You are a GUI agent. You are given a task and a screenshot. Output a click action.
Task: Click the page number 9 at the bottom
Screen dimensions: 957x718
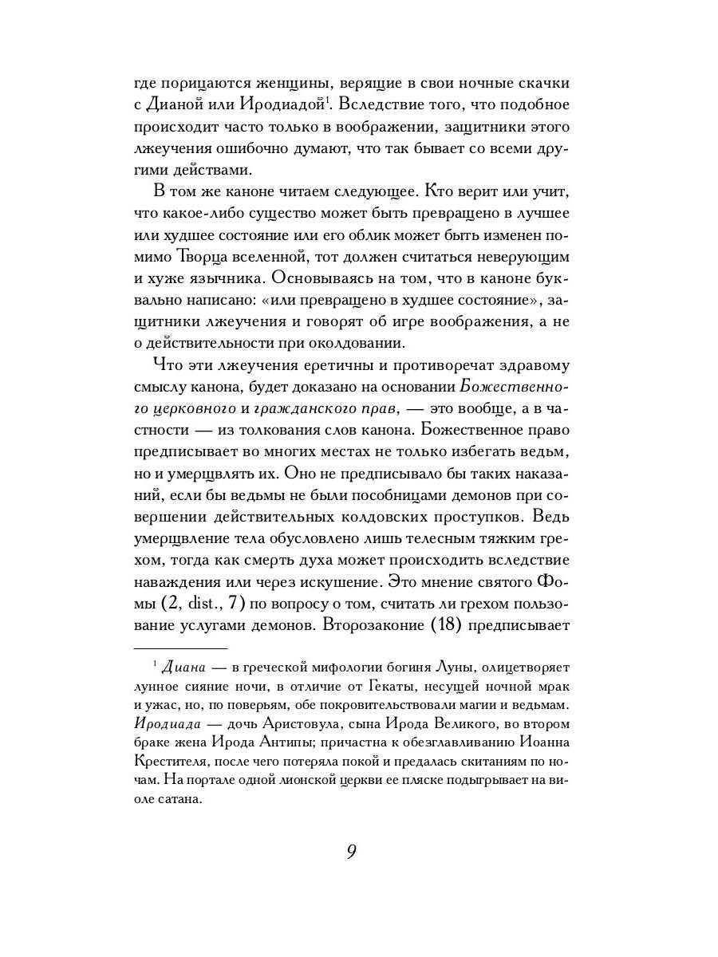(351, 851)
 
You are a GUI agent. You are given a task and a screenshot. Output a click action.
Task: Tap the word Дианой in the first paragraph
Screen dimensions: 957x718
(181, 104)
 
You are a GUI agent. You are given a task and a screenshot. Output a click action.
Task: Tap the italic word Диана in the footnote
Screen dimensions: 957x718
(184, 666)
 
